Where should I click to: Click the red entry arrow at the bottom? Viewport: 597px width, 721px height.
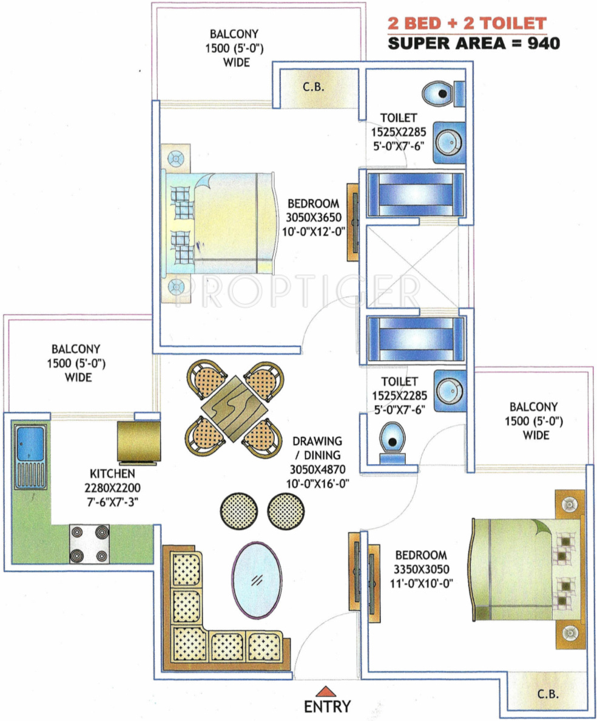(x=326, y=691)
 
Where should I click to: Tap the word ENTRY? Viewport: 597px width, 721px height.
(x=328, y=706)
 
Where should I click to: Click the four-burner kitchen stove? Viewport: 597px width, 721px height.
(x=90, y=544)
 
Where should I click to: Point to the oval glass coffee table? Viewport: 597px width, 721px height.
(x=257, y=580)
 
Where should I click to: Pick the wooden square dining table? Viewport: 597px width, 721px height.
(x=235, y=408)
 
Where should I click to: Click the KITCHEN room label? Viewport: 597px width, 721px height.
(x=112, y=474)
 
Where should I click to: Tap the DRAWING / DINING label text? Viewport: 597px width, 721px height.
(x=317, y=448)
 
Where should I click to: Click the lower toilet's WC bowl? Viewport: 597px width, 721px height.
(x=393, y=440)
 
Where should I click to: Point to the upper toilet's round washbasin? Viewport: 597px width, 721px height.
(x=449, y=142)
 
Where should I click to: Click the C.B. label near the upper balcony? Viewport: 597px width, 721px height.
(x=314, y=86)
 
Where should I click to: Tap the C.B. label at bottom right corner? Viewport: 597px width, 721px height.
(x=548, y=693)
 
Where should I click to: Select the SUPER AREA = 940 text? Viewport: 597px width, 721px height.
(x=474, y=43)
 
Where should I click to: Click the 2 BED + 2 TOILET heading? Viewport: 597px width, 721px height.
(x=467, y=24)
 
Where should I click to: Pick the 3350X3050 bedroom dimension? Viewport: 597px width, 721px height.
(x=421, y=569)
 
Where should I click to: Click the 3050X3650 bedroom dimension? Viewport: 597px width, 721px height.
(x=314, y=217)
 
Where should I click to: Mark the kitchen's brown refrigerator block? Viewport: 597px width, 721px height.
(x=139, y=442)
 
